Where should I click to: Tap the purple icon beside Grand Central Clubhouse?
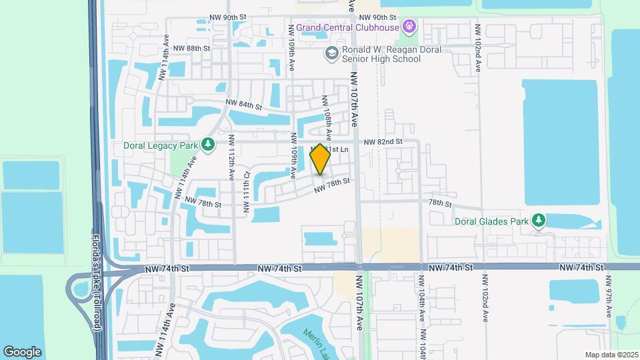(409, 27)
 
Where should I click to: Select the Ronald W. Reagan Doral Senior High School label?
(381, 54)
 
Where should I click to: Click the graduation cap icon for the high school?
(330, 53)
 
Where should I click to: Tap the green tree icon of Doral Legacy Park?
(208, 145)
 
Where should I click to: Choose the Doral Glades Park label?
(491, 221)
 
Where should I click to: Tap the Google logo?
(22, 351)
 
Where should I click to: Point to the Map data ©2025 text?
(611, 355)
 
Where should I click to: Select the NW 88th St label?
(191, 49)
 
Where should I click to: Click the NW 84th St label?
(243, 105)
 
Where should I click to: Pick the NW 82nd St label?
(383, 142)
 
